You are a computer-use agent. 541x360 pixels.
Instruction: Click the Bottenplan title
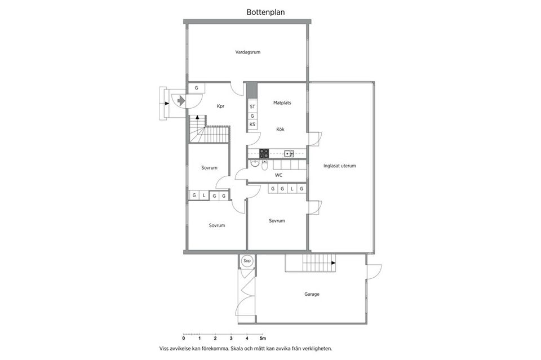(265, 11)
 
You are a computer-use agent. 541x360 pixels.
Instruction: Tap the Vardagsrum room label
(248, 52)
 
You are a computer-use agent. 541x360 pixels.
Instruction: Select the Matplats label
(282, 103)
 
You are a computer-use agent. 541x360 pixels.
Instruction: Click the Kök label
(280, 130)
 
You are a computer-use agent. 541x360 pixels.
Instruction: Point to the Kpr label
(221, 106)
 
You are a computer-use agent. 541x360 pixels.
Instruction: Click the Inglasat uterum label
(340, 166)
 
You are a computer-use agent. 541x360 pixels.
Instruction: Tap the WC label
(278, 175)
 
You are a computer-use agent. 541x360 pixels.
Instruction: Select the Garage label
(312, 294)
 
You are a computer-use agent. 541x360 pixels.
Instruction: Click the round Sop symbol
(247, 261)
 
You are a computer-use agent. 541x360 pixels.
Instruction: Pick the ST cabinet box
(252, 106)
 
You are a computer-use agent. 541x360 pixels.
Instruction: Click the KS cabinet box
(252, 125)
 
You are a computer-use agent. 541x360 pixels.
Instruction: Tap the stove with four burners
(264, 153)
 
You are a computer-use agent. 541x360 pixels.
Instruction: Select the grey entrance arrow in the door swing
(180, 100)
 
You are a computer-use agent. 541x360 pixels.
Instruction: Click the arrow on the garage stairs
(332, 263)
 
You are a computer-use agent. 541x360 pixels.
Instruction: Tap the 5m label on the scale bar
(263, 338)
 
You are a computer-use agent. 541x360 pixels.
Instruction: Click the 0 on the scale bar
(184, 338)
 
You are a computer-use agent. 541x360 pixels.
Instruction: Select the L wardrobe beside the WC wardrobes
(291, 189)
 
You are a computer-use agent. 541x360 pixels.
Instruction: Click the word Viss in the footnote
(165, 348)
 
